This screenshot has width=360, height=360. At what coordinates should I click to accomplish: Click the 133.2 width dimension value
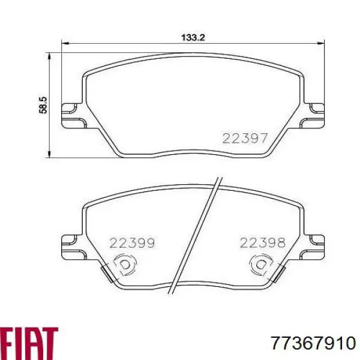pyautogui.click(x=194, y=37)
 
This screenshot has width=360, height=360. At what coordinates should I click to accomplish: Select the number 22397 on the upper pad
pyautogui.click(x=245, y=139)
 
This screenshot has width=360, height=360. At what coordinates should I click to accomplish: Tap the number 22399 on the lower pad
pyautogui.click(x=132, y=243)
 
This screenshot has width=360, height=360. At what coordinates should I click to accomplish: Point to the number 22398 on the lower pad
pyautogui.click(x=262, y=243)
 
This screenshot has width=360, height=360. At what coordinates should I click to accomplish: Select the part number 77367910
pyautogui.click(x=313, y=343)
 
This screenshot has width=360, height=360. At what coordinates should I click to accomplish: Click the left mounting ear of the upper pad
pyautogui.click(x=71, y=115)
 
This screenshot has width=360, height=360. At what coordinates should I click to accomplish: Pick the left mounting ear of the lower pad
pyautogui.click(x=71, y=245)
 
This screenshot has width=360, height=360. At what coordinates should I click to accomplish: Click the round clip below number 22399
pyautogui.click(x=125, y=265)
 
